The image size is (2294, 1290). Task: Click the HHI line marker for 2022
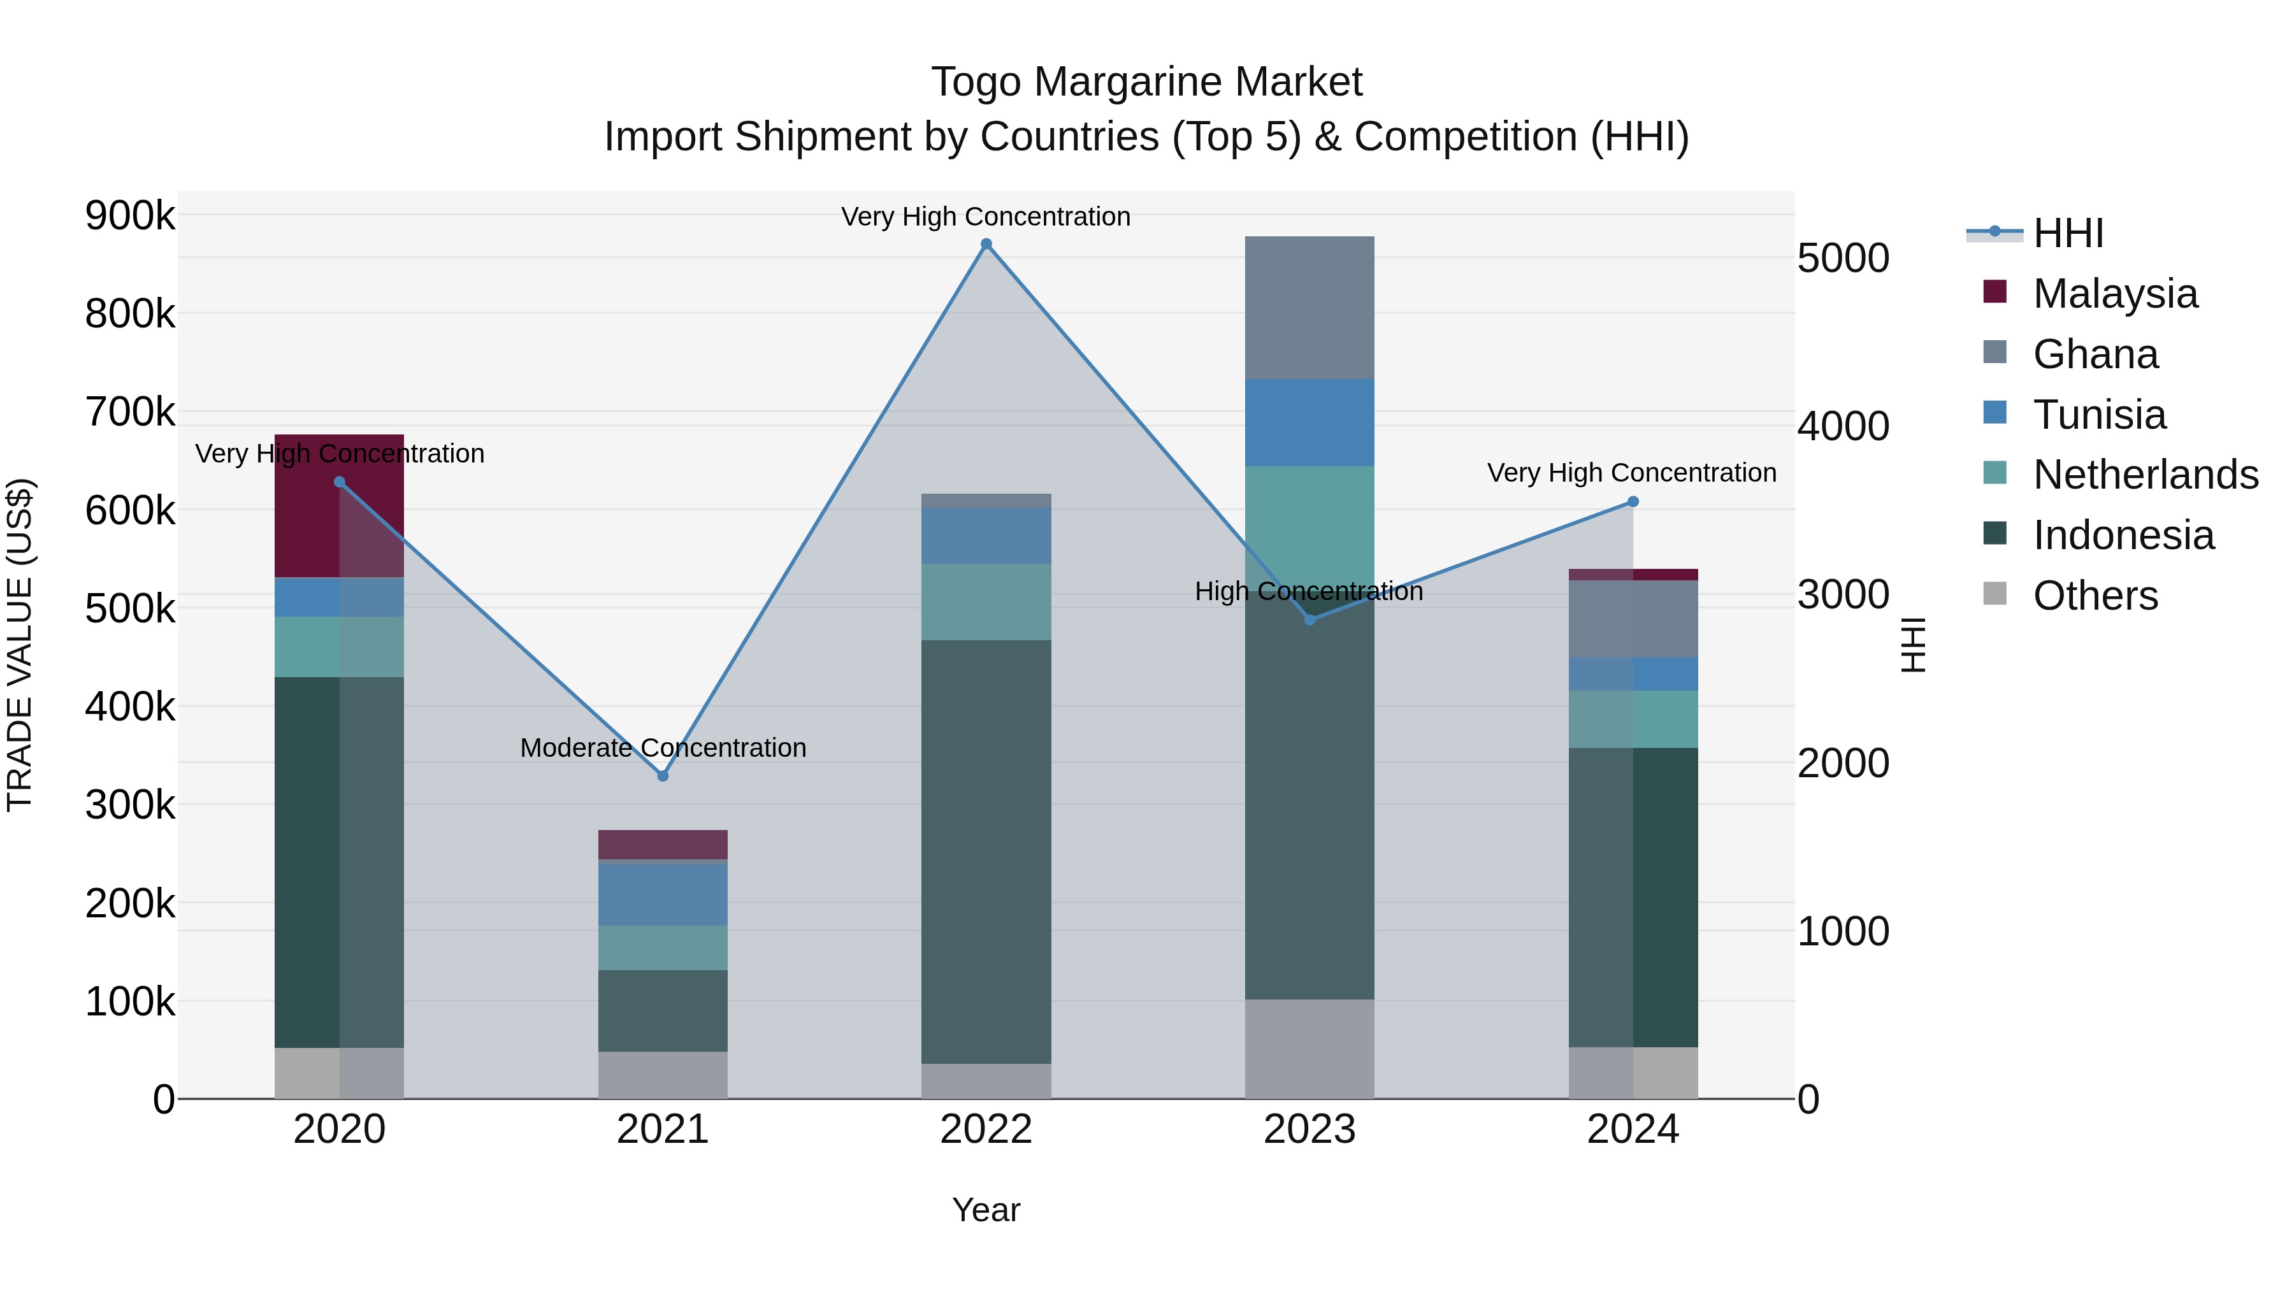pos(986,244)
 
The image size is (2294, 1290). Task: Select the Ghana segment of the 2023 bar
pos(1309,308)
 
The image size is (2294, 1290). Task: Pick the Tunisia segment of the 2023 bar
pos(1309,423)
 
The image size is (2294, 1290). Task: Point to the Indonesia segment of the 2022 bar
pos(986,851)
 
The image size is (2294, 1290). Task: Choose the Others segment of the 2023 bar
pos(1309,1049)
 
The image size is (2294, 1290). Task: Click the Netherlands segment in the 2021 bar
pos(663,947)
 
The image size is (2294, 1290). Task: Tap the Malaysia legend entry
pos(2115,294)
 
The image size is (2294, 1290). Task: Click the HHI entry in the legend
pos(2068,233)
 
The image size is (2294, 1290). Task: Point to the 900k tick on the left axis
pos(130,215)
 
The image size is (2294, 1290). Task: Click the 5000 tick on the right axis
pos(1842,258)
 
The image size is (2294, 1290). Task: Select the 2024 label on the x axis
pos(1633,1129)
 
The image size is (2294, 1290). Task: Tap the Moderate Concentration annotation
pos(663,748)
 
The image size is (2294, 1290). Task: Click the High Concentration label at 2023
pos(1309,591)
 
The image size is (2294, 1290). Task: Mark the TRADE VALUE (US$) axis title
pos(20,645)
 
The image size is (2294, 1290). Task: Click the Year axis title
pos(986,1210)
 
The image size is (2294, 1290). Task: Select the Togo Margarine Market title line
pos(1146,82)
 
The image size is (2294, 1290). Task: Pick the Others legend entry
pos(2095,596)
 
